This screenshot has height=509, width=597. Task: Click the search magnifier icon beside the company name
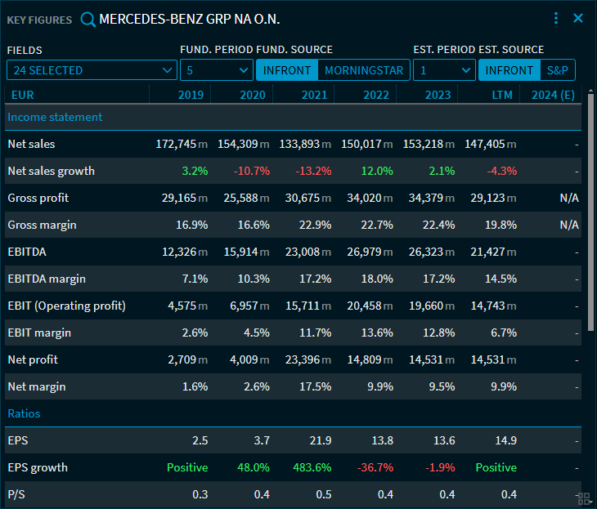88,19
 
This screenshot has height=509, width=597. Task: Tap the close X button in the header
578,18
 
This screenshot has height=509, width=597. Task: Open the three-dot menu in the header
556,18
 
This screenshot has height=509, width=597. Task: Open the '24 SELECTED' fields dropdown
92,70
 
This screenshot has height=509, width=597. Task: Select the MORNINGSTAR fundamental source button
364,70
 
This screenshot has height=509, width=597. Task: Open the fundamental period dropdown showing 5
216,70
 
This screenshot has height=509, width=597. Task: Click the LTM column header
502,95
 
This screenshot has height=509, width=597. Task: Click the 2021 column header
314,95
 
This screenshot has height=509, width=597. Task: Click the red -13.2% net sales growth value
314,171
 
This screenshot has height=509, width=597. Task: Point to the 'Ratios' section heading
24,413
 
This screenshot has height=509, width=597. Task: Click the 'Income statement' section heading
55,117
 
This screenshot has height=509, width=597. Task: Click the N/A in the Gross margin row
568,225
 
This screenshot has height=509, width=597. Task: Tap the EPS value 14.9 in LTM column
506,440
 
